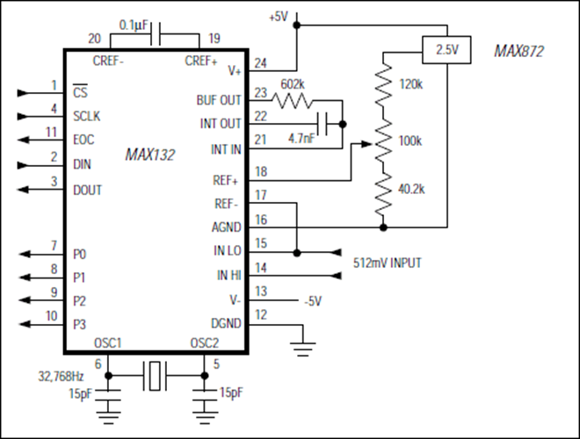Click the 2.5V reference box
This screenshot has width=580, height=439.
pos(446,50)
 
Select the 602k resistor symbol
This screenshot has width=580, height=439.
pos(293,100)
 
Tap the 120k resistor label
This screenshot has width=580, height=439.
pos(410,84)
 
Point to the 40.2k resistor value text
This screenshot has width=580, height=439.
pos(411,189)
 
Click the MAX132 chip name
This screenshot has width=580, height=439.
pos(149,155)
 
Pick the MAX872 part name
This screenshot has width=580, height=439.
pos(519,51)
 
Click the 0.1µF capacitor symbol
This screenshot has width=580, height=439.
pos(156,34)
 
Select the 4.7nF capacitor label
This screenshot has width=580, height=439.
pos(301,139)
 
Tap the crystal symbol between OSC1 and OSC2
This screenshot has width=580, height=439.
pos(155,376)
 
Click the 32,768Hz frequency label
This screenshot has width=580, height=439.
pos(61,377)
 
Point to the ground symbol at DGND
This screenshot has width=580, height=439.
pos(303,349)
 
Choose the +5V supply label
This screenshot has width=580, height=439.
pos(279,17)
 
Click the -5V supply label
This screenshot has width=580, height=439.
pos(313,301)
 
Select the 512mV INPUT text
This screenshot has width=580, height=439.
pos(388,263)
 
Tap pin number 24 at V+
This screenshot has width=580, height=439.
pos(260,63)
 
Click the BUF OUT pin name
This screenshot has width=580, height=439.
pos(219,100)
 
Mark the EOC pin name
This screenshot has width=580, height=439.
pos(83,140)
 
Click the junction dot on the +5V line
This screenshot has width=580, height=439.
pos(297,25)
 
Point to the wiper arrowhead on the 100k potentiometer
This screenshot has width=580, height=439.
pos(366,144)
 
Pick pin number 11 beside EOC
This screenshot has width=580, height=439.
pos(52,132)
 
